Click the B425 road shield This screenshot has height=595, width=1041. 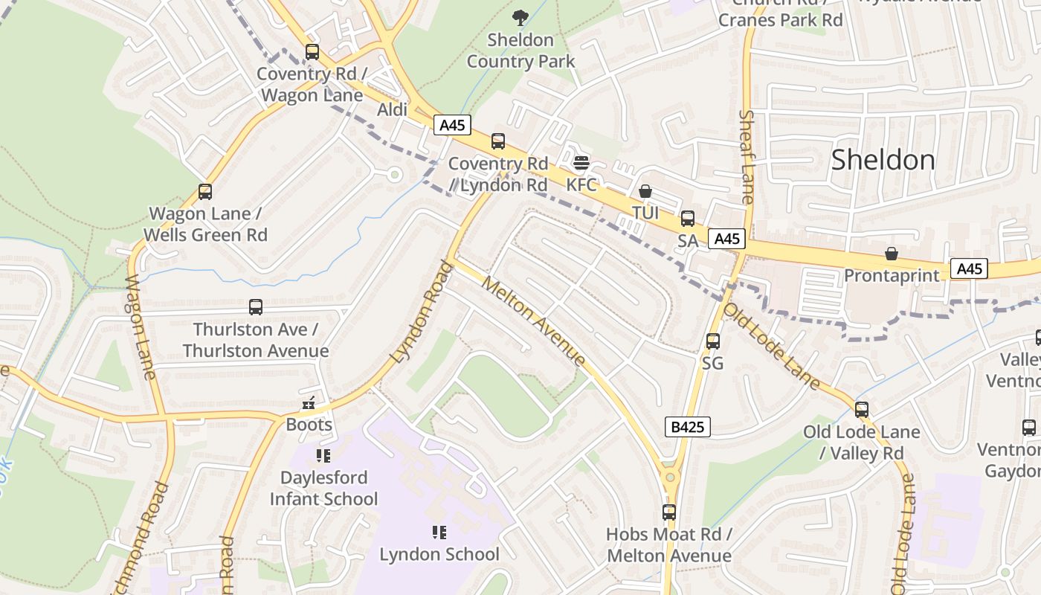687,427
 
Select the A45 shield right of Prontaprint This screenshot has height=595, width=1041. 969,268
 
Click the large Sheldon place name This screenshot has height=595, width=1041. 883,160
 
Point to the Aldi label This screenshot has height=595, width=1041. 393,110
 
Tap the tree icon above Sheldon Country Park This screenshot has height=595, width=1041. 520,18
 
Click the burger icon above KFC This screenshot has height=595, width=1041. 581,163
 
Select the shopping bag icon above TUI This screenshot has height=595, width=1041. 645,191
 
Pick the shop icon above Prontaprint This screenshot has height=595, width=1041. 891,254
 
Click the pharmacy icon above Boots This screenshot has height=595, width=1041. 309,405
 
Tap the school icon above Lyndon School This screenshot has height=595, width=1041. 439,533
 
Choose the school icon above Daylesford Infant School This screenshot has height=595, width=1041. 323,455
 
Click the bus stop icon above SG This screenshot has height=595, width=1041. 712,341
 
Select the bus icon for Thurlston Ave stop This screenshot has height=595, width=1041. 256,307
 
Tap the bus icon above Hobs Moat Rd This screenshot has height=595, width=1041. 669,512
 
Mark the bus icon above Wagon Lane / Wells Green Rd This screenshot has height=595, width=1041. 205,192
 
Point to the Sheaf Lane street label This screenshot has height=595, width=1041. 747,156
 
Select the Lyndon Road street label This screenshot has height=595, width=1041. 421,312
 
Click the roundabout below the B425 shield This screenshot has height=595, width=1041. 670,476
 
